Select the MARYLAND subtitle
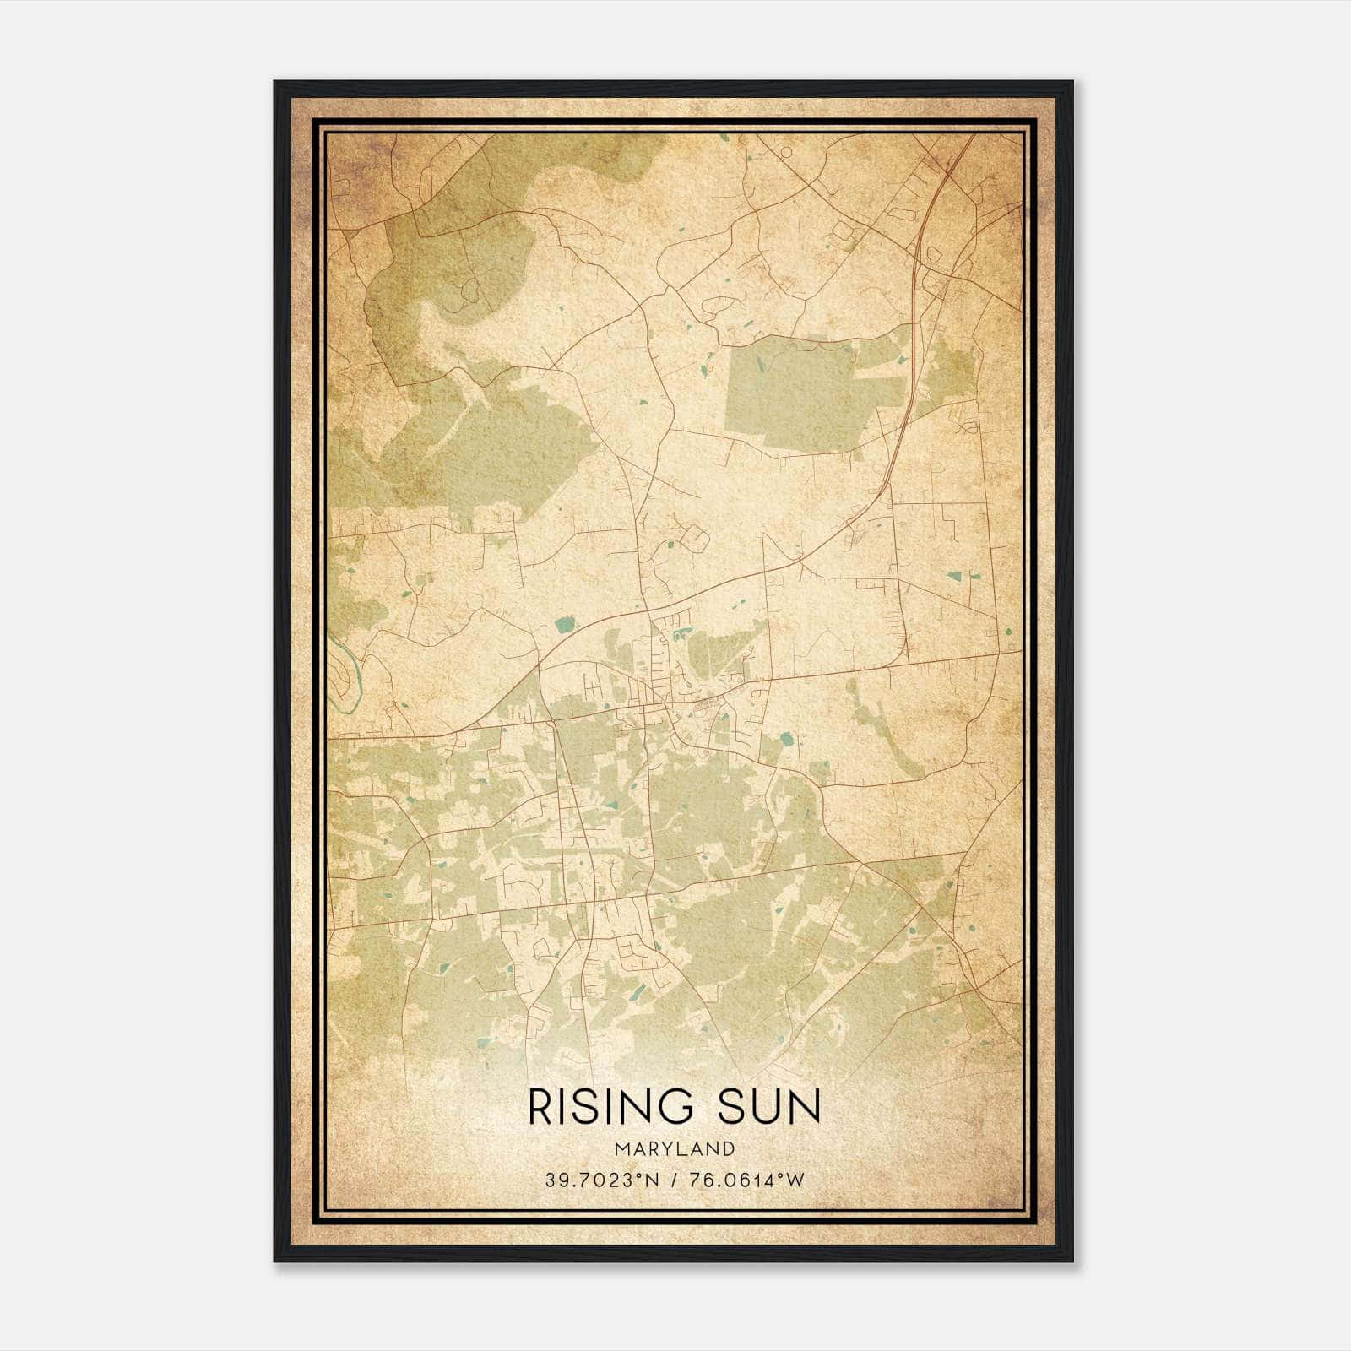(x=675, y=1149)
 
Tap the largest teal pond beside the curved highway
(x=563, y=626)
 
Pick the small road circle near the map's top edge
(x=786, y=152)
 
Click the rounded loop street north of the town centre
(x=695, y=535)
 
